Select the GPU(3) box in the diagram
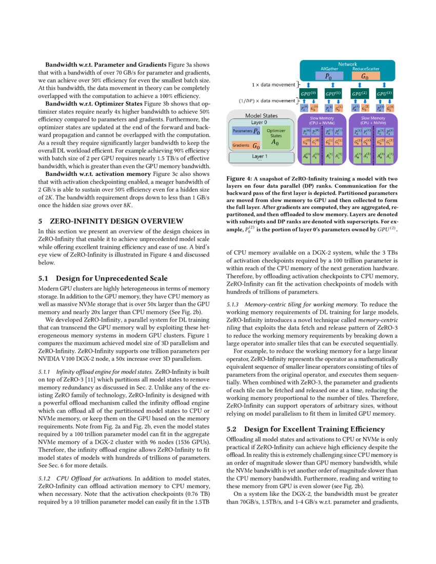coord(385,95)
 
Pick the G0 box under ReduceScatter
coord(365,76)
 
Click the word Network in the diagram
coord(347,64)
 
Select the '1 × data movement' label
coord(272,85)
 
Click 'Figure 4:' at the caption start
coord(240,179)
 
